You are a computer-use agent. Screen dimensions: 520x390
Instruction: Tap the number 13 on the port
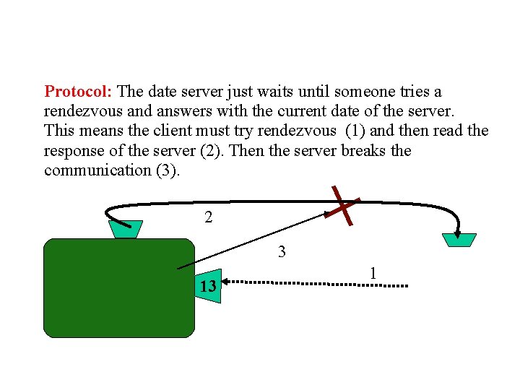click(208, 287)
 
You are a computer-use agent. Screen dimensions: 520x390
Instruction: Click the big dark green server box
click(119, 289)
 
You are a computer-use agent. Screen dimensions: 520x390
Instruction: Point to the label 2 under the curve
click(208, 217)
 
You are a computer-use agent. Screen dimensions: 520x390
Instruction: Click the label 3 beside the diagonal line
click(282, 252)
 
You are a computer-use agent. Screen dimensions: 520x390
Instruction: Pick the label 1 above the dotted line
click(373, 273)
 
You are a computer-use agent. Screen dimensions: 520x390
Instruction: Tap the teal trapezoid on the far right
click(459, 239)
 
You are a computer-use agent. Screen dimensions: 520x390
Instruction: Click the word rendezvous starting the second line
click(80, 112)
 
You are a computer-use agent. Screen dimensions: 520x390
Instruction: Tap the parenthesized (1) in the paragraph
click(355, 131)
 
